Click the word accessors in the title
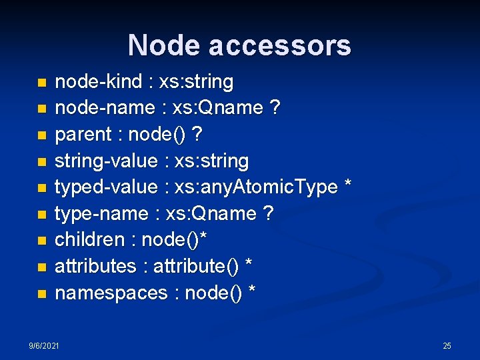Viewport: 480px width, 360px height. click(x=279, y=45)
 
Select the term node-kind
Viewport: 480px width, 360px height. click(x=99, y=82)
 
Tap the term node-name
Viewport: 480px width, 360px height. click(x=102, y=108)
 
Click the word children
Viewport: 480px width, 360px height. click(x=89, y=240)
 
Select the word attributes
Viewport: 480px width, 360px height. click(x=95, y=267)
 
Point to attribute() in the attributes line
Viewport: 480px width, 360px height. click(x=196, y=267)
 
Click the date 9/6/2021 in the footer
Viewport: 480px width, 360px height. click(x=44, y=346)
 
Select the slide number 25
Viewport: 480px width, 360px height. click(x=447, y=346)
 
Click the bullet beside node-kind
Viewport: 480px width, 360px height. click(x=42, y=83)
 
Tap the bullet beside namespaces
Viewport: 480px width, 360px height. click(x=42, y=294)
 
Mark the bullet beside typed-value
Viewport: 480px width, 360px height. click(x=42, y=189)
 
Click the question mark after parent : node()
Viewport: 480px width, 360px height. click(x=197, y=135)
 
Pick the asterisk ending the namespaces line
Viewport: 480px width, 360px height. click(x=252, y=291)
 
